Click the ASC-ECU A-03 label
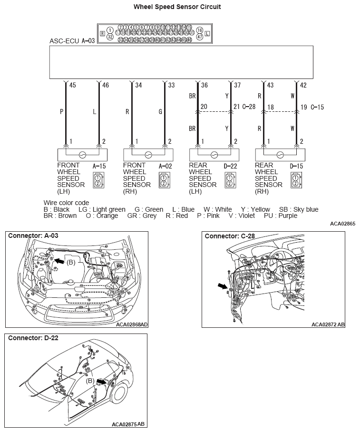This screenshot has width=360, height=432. pyautogui.click(x=72, y=41)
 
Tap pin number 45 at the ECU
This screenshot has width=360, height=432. pyautogui.click(x=72, y=86)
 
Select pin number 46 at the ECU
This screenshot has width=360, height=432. pyautogui.click(x=106, y=86)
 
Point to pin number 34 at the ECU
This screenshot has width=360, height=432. pyautogui.click(x=138, y=86)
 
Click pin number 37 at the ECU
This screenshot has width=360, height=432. pyautogui.click(x=237, y=86)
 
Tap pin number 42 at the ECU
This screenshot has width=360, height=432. pyautogui.click(x=303, y=86)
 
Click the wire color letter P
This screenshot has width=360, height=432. pyautogui.click(x=61, y=112)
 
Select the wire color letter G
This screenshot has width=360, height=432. pyautogui.click(x=160, y=112)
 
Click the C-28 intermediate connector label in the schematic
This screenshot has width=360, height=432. pyautogui.click(x=249, y=107)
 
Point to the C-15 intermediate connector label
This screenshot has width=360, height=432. pyautogui.click(x=317, y=108)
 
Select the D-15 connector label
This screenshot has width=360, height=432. pyautogui.click(x=297, y=166)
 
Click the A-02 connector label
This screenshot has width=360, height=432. pyautogui.click(x=164, y=166)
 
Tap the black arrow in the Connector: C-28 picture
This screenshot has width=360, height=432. pyautogui.click(x=222, y=285)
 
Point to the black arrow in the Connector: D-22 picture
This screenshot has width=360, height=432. pyautogui.click(x=101, y=381)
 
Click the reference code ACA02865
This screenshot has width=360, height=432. pyautogui.click(x=342, y=223)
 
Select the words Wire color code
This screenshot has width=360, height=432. pyautogui.click(x=66, y=203)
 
